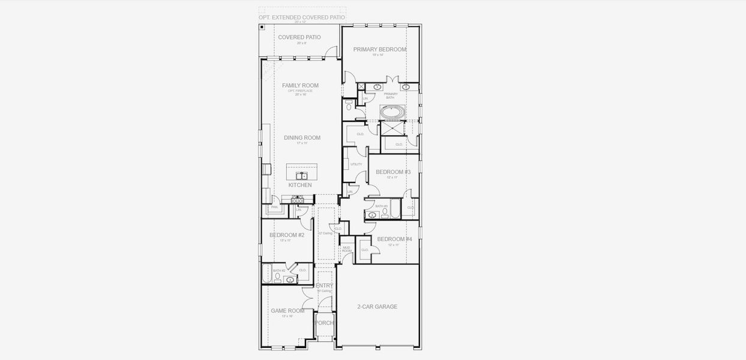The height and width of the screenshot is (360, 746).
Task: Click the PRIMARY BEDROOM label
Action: click(379, 49)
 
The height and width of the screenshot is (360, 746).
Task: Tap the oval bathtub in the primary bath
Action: click(393, 112)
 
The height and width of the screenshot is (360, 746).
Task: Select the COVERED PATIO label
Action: click(299, 37)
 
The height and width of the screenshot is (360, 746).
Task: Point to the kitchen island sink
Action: click(301, 176)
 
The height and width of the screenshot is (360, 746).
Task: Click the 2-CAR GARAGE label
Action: click(378, 307)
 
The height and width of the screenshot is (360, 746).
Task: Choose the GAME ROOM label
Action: click(287, 311)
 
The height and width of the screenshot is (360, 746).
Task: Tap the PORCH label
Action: click(324, 323)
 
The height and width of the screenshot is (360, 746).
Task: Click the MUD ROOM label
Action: click(346, 249)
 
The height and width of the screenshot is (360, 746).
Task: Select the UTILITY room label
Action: click(356, 164)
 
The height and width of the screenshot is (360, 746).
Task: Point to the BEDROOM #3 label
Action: click(393, 172)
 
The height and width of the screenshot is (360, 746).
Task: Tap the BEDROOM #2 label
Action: click(286, 235)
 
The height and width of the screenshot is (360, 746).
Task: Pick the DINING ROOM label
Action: click(302, 138)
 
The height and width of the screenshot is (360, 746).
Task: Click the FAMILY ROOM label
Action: click(300, 86)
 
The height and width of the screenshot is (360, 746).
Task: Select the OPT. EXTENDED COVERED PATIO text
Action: click(302, 17)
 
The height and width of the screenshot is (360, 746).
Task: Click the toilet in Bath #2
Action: click(278, 277)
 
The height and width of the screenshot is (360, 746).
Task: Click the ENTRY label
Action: click(324, 286)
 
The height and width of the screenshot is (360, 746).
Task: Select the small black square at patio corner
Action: click(262, 27)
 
